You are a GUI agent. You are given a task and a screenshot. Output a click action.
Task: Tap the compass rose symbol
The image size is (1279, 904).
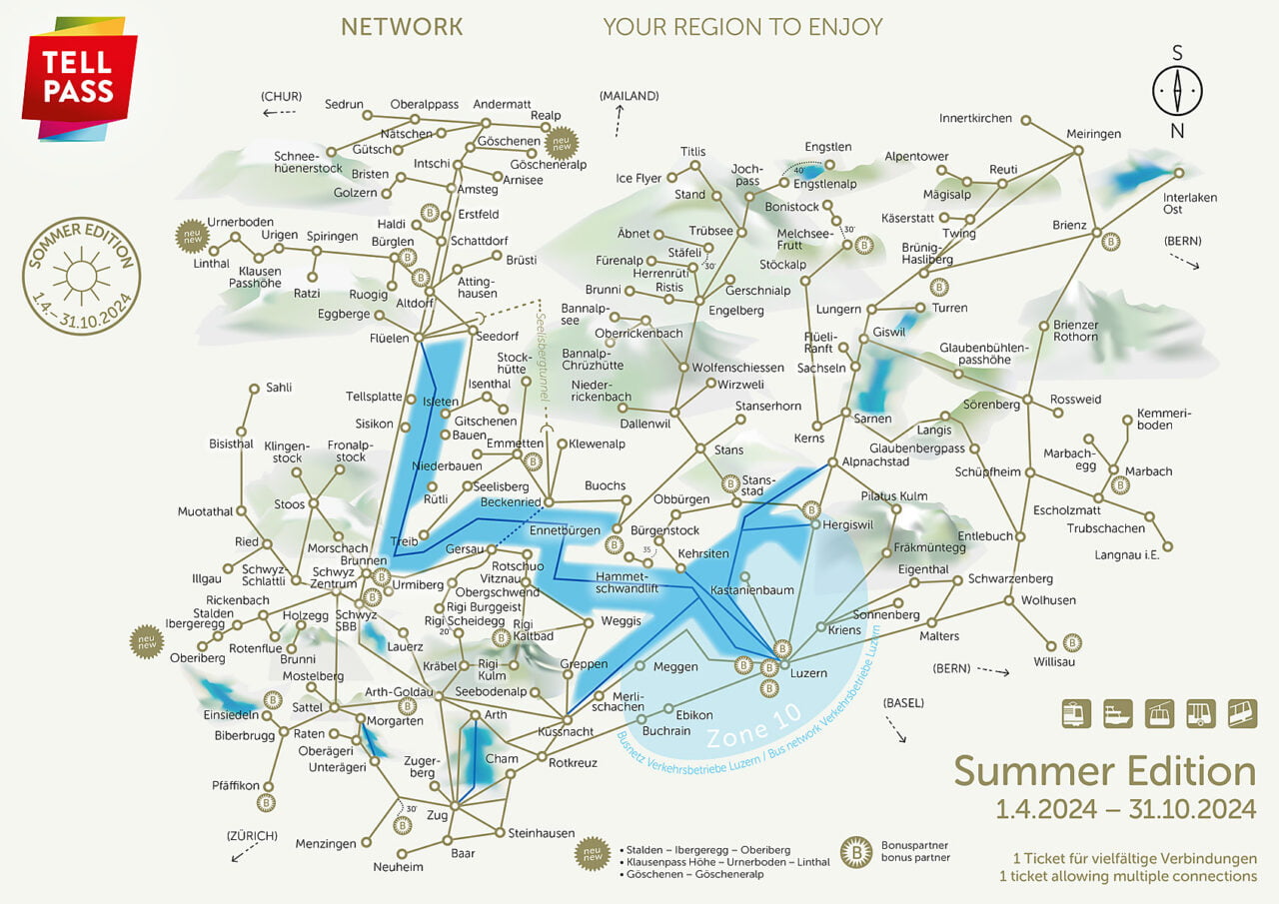1177,92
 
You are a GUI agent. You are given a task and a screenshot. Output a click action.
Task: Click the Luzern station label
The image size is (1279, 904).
808,673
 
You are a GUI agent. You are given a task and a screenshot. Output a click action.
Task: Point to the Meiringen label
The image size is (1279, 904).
1093,134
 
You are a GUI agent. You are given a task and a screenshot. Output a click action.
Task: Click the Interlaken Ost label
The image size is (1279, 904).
1189,203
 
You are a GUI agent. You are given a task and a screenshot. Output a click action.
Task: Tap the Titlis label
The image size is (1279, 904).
692,151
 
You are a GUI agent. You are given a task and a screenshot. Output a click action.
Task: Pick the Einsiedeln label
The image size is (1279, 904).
232,715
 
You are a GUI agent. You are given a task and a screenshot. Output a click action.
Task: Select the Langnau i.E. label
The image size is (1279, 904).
1125,554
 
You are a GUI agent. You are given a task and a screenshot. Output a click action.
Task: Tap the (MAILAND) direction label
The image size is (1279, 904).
629,96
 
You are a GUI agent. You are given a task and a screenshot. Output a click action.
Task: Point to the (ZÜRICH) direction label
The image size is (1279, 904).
252,835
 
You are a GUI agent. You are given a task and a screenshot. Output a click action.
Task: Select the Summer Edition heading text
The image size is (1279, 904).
1104,771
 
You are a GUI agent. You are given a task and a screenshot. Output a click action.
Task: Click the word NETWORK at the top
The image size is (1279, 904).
402,27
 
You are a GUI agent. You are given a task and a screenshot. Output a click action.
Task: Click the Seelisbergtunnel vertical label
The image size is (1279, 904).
542,360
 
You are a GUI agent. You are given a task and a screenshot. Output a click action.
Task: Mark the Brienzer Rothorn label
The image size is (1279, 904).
1075,331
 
